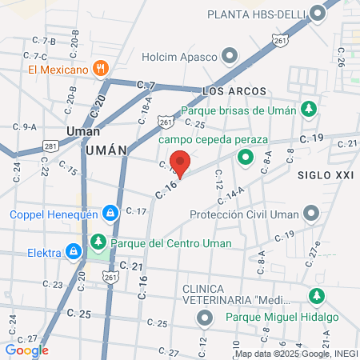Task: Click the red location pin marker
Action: pos(181,162)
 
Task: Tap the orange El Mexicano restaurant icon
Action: pos(101,69)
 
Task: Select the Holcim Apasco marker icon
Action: pos(230,56)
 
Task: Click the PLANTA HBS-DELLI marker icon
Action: pos(319,14)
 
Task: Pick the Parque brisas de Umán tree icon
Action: pos(308,110)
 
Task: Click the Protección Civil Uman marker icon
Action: pos(311,214)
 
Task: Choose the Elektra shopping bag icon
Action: pos(74,253)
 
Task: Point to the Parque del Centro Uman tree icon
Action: pos(98,242)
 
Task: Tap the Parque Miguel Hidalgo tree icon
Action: pos(318,294)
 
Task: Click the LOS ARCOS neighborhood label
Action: pos(234,92)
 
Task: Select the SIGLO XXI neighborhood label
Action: pos(325,174)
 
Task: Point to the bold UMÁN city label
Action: pos(106,149)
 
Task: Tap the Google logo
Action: pos(26,350)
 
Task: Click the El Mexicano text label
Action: pos(57,70)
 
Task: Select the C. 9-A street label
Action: pos(24,126)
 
